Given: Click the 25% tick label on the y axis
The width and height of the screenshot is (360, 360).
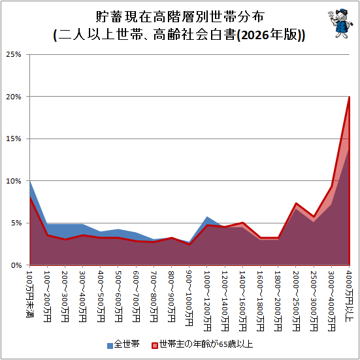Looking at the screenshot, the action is pos(14,55).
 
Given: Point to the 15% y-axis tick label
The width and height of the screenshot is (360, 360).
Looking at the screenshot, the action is pos(14,139).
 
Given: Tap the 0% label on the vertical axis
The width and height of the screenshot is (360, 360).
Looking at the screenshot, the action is pos(16,265).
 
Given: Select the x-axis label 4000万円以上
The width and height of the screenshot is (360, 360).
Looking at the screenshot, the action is pos(349,296).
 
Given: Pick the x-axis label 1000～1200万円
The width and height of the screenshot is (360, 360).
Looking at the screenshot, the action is pos(207,301).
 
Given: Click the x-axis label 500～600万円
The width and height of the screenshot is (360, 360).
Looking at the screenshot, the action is pos(118,297).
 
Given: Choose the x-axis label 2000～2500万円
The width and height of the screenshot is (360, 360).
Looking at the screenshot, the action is pos(296,301).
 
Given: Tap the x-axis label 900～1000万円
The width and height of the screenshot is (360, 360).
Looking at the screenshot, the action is pos(189,299).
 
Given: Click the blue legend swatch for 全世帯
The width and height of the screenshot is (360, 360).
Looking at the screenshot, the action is pos(110,346).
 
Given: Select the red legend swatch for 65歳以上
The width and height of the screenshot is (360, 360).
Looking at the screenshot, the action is pos(155,346).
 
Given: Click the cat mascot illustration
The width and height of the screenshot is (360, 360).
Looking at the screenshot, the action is pos(340,24).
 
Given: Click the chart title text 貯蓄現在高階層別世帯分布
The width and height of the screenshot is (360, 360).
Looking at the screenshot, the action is pos(180,16).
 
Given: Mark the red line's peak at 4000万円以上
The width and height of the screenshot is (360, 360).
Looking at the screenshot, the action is pos(349,97).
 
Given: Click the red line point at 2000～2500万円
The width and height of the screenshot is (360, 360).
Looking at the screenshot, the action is pos(296,203).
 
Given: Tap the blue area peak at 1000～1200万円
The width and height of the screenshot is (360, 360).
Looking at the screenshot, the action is pos(207,216).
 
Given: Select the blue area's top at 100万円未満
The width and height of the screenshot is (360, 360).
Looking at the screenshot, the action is pos(30,181).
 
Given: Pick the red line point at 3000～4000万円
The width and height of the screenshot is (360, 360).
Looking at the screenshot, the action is pos(331,186).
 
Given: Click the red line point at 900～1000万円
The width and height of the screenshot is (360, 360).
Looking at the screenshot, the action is pos(189,244).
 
